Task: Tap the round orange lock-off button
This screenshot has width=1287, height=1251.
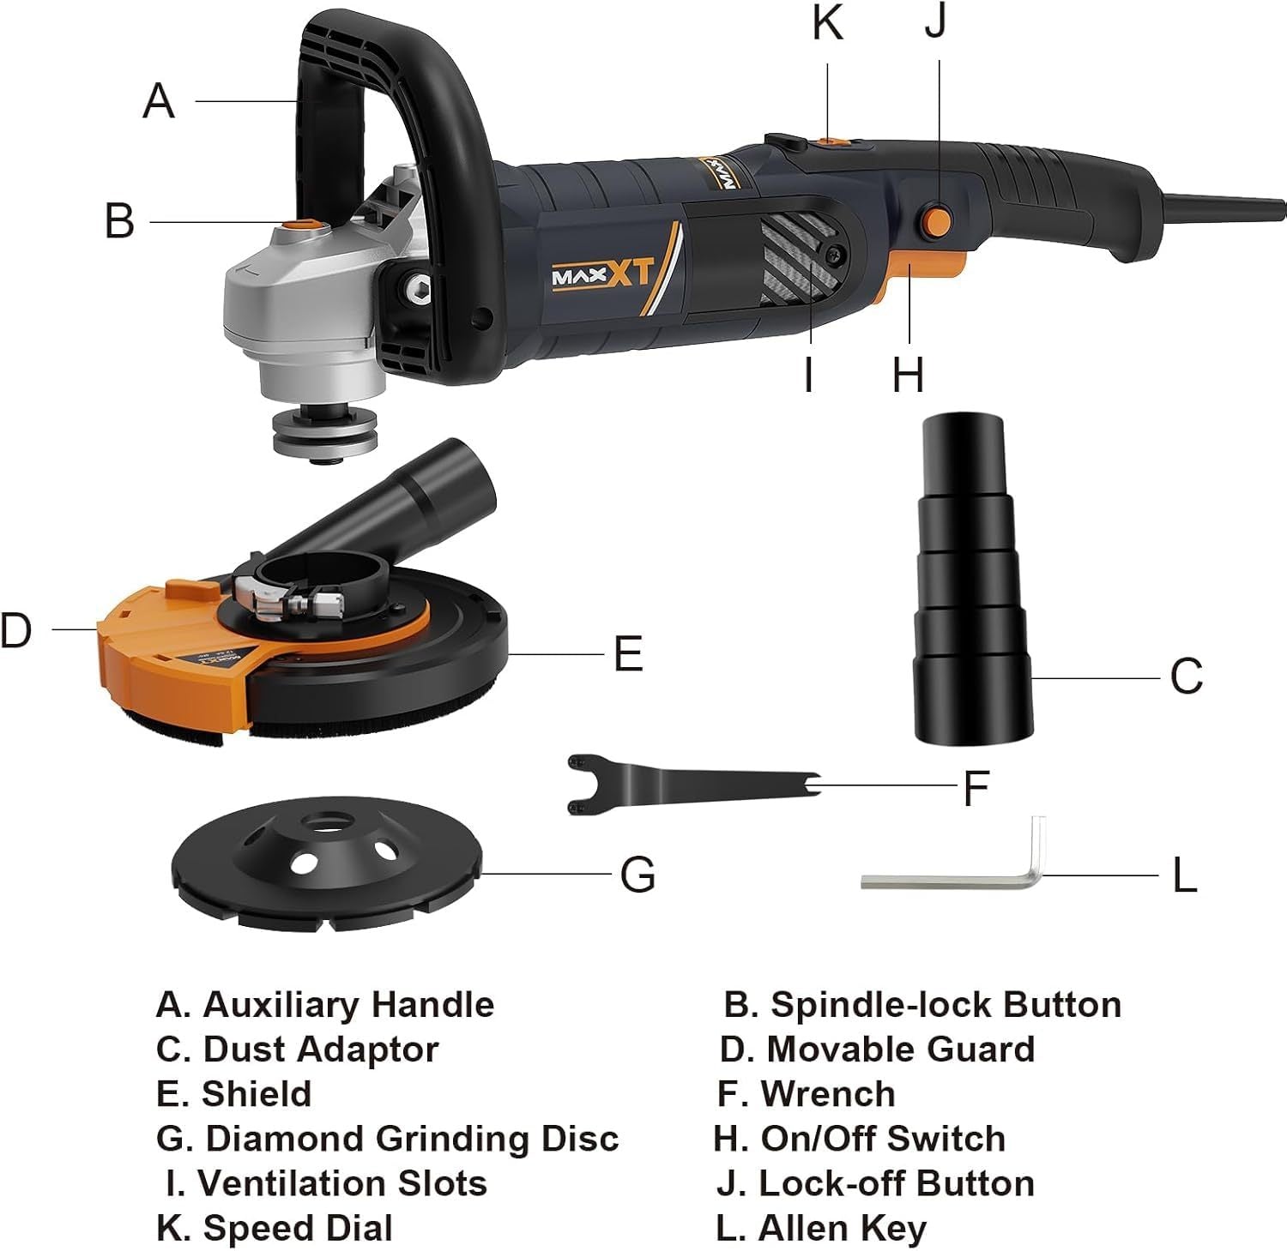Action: coord(935,220)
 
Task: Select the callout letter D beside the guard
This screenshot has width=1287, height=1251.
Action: coord(15,630)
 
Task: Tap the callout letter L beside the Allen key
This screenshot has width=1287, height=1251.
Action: coord(1184,876)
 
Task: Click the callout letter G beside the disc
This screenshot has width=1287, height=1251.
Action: coord(637,875)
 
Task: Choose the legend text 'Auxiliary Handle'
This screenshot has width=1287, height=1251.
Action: coord(348,1004)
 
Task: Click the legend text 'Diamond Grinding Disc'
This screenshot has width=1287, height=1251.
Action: coord(412,1139)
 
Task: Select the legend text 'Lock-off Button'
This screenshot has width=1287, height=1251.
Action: coord(897,1183)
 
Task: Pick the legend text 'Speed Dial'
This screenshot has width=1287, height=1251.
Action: coord(298,1229)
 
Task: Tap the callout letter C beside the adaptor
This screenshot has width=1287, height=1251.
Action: coord(1187,677)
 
